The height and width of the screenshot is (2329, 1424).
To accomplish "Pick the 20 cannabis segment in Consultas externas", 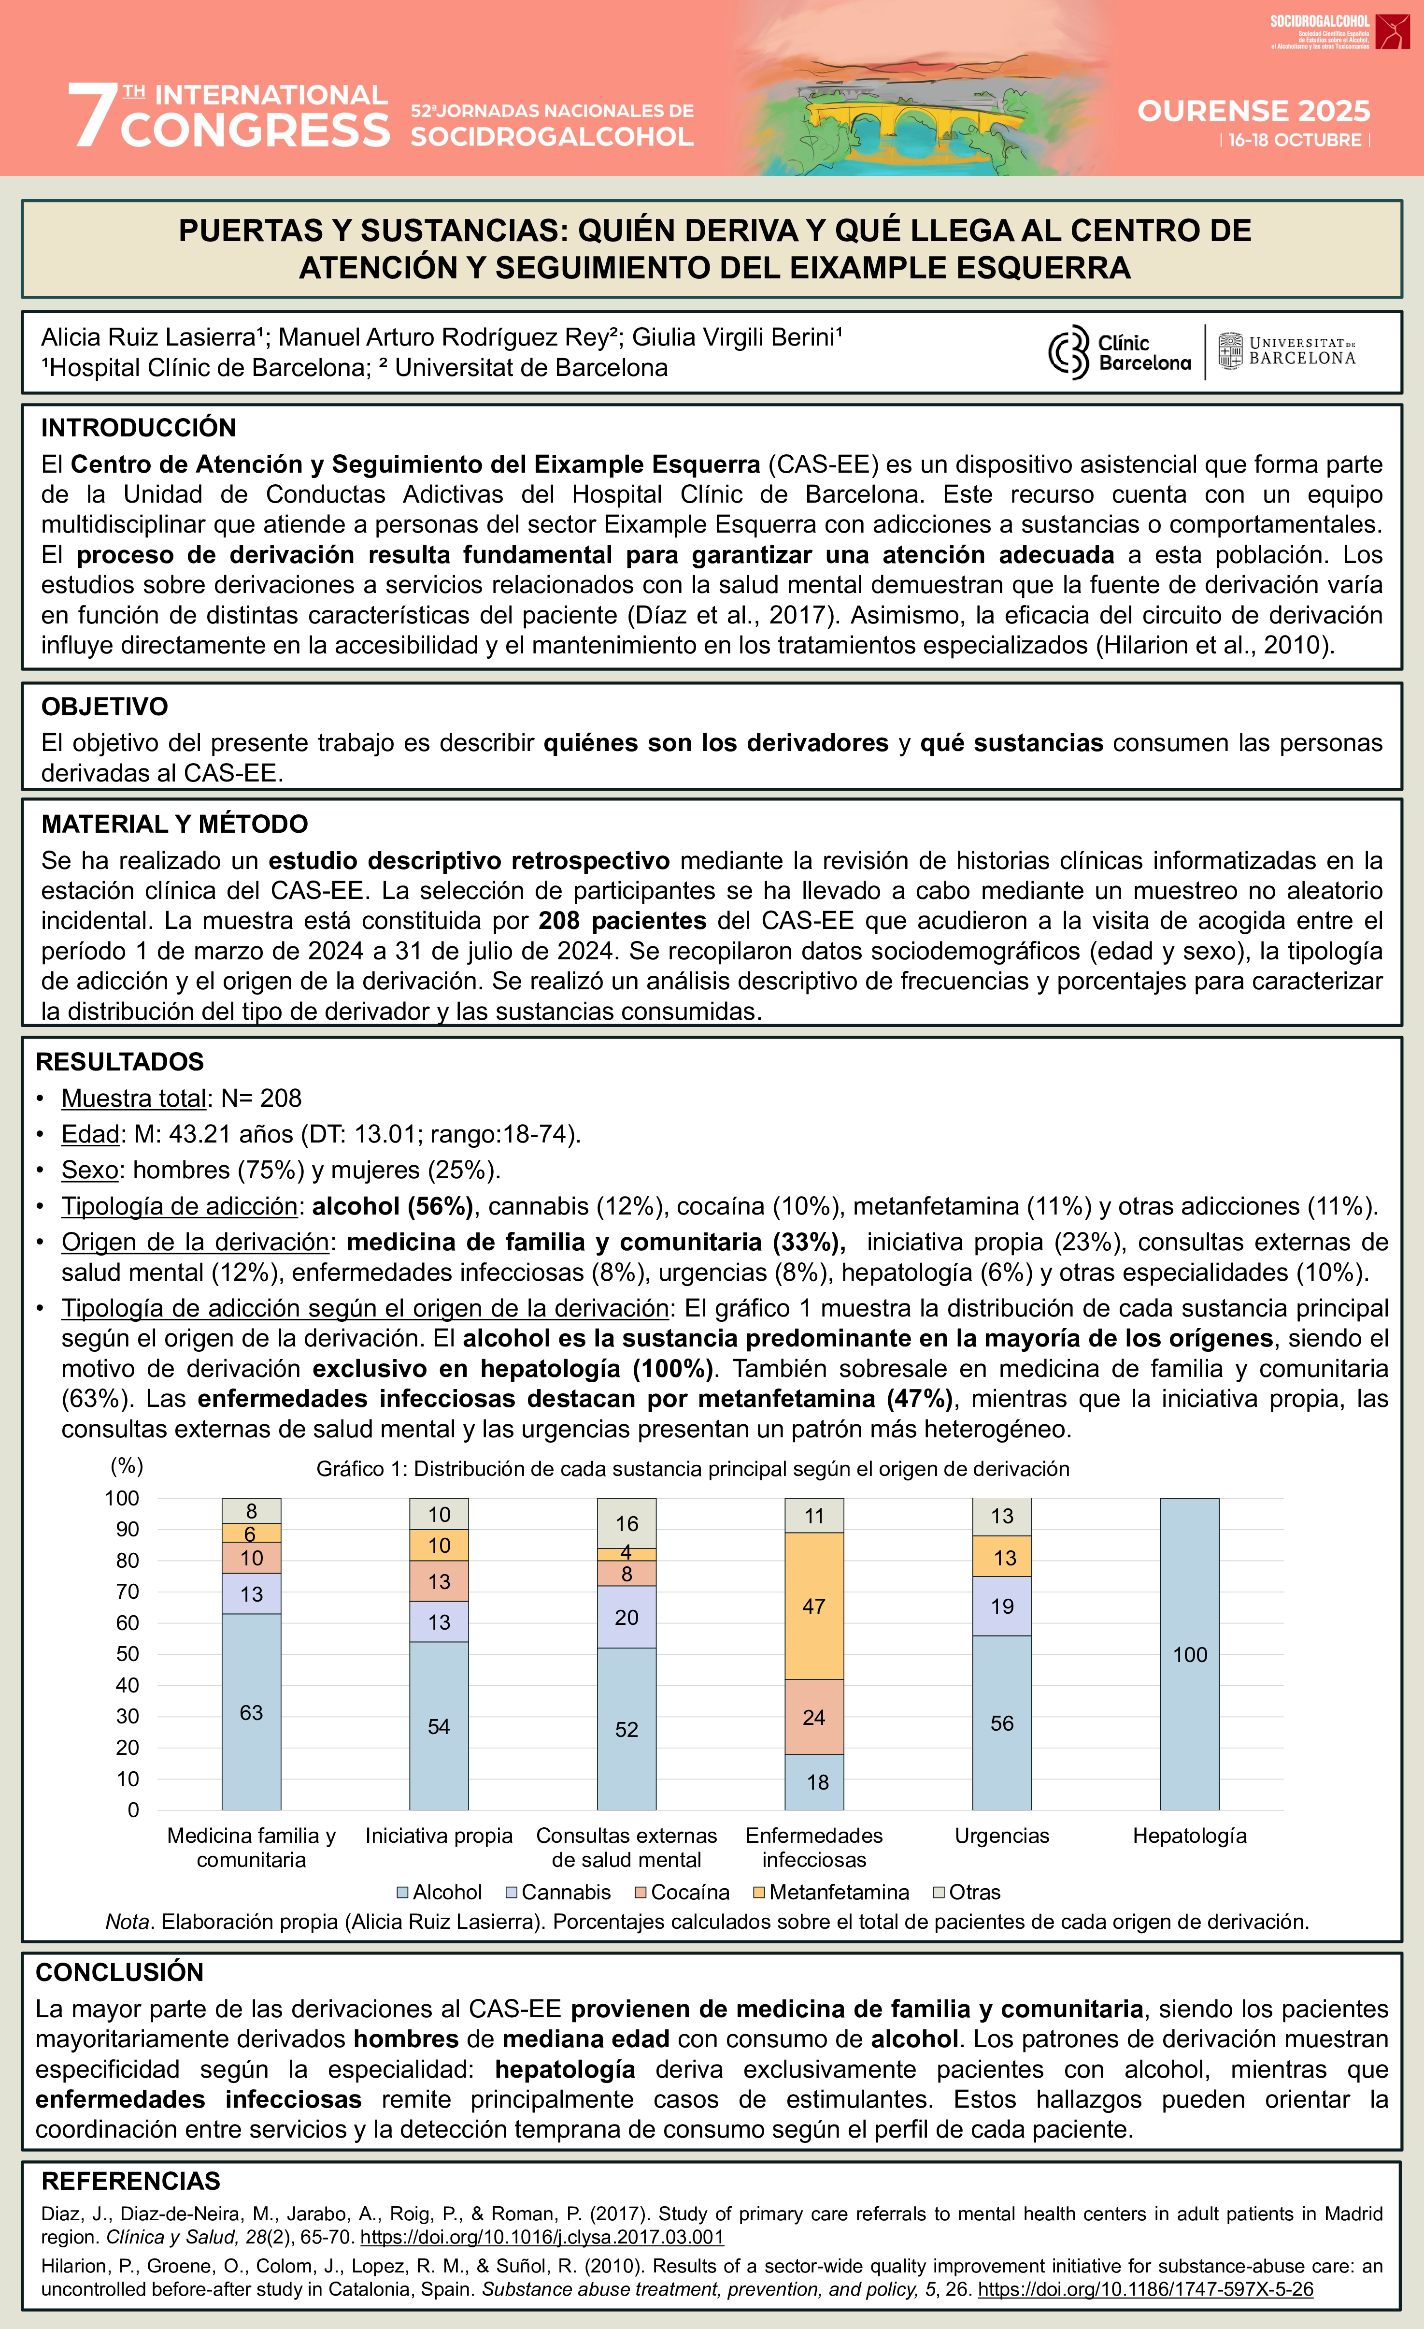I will tap(627, 1617).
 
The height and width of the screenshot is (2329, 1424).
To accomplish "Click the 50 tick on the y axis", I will tap(128, 1654).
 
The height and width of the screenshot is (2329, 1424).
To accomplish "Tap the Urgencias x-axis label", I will tap(1002, 1836).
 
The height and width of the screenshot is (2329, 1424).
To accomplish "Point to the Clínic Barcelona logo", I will tap(1120, 352).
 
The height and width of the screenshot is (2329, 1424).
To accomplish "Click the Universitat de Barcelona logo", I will tap(1287, 352).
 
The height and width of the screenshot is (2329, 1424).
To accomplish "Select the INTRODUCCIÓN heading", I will tap(138, 428).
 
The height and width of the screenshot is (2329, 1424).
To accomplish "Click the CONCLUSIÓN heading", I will tap(120, 1973).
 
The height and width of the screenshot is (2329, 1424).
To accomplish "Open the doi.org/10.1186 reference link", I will tap(1145, 2289).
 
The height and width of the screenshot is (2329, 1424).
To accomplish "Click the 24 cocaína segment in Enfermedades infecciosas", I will tap(813, 1718).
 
